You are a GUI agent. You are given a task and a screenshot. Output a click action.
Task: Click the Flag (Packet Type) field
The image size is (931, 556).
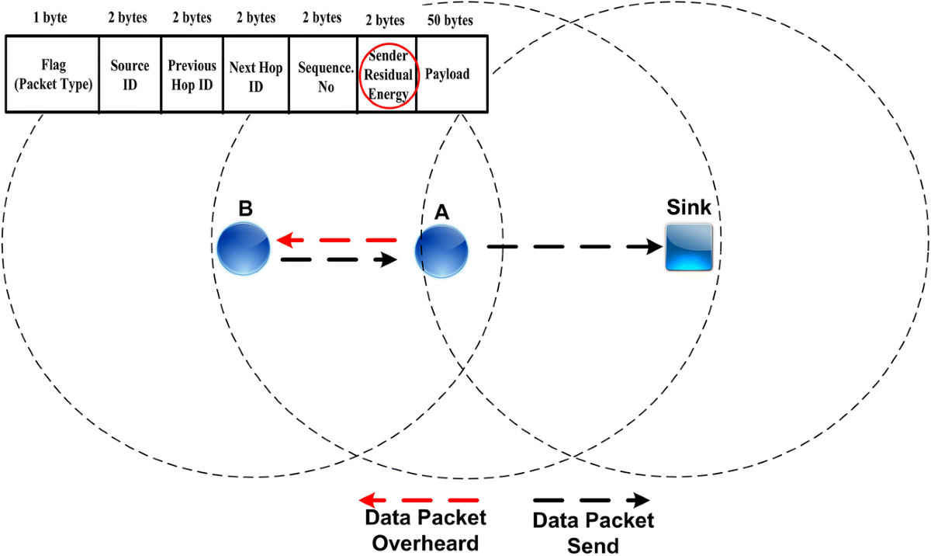[x=51, y=75]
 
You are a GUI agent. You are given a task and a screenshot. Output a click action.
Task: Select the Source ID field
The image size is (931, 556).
[x=130, y=75]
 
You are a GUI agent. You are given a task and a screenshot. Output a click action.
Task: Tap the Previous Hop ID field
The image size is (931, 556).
[x=191, y=75]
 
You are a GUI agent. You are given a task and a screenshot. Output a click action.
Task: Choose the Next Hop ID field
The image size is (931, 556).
[x=254, y=75]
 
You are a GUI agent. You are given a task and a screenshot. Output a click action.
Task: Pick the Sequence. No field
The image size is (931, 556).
[x=321, y=75]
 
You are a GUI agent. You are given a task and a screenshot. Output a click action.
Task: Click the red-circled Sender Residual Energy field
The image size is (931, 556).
[x=386, y=74]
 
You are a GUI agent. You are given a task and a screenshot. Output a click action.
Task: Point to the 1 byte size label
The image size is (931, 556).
[x=50, y=17]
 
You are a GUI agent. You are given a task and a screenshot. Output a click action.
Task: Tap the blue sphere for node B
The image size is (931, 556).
[x=243, y=248]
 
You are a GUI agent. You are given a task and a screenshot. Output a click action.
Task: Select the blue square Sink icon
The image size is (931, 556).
[x=689, y=247]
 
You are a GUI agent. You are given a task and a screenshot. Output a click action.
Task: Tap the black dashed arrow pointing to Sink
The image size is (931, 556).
[x=574, y=247]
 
